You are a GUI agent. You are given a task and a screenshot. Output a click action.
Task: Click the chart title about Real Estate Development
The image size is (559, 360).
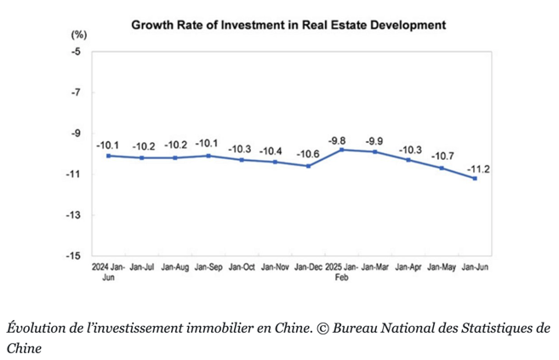pos(288,26)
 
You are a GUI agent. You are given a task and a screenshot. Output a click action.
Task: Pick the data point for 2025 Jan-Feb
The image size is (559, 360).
pos(341,150)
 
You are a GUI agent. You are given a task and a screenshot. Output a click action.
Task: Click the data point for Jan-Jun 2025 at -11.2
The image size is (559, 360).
pos(475,178)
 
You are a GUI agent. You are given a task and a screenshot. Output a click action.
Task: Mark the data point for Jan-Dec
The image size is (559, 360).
pos(308,166)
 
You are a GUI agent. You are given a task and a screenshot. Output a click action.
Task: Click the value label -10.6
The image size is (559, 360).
pos(308,154)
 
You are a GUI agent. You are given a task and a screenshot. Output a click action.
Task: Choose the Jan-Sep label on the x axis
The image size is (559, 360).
pos(208,267)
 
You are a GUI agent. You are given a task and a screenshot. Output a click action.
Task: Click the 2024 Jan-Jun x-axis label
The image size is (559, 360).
pos(108,271)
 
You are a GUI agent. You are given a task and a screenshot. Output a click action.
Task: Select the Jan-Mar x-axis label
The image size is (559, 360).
pos(375,267)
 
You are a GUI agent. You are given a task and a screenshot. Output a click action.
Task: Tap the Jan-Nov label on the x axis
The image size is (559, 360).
pos(275,267)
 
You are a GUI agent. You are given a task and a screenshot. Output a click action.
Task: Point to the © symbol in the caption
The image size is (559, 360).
pos(322,329)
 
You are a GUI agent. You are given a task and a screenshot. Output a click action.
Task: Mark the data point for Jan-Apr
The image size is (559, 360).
pos(408,160)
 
